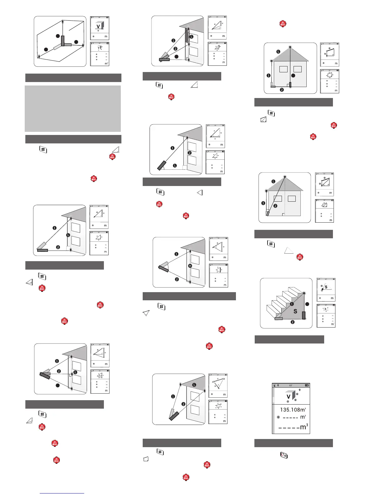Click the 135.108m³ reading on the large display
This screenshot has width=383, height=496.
pyautogui.click(x=293, y=410)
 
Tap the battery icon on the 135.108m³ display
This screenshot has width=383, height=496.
pyautogui.click(x=307, y=385)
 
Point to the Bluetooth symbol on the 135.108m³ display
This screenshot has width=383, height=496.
pyautogui.click(x=278, y=385)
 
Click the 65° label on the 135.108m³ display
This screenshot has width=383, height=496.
pyautogui.click(x=291, y=385)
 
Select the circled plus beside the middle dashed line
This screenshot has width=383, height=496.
pyautogui.click(x=278, y=417)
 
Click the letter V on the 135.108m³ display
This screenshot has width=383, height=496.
pyautogui.click(x=289, y=397)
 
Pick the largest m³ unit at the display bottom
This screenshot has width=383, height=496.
pyautogui.click(x=303, y=427)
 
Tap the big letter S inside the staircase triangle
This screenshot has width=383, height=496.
pyautogui.click(x=295, y=312)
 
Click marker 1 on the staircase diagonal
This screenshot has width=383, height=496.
pyautogui.click(x=292, y=304)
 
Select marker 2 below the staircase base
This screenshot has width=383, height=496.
pyautogui.click(x=293, y=322)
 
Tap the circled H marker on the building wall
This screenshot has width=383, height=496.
pyautogui.click(x=190, y=266)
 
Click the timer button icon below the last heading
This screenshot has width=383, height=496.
pyautogui.click(x=284, y=455)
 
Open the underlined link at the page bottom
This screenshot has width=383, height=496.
pyautogui.click(x=62, y=493)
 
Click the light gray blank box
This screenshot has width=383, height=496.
pyautogui.click(x=73, y=109)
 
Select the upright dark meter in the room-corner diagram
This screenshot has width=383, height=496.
pyautogui.click(x=63, y=40)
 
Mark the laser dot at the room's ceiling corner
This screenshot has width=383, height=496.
pyautogui.click(x=64, y=21)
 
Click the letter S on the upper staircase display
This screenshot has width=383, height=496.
pyautogui.click(x=326, y=287)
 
